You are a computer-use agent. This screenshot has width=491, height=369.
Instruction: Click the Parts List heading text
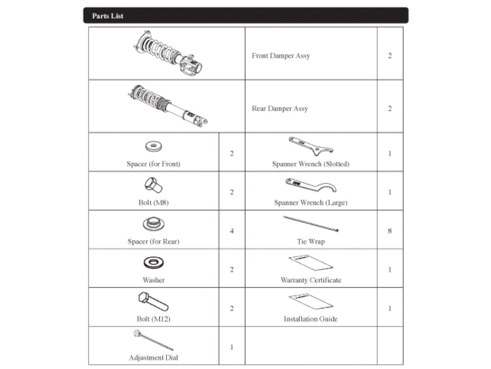[108, 16]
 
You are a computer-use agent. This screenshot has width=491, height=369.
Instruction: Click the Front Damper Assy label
[281, 56]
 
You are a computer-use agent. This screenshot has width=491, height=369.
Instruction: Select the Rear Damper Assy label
[280, 109]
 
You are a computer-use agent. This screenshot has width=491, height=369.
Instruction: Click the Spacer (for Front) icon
[153, 146]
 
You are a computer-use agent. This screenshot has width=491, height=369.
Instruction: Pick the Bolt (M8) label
[153, 203]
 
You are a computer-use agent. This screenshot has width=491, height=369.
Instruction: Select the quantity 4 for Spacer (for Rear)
[232, 231]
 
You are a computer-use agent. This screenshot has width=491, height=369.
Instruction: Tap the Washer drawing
[153, 263]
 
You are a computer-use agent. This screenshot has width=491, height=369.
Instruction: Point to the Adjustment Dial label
[153, 357]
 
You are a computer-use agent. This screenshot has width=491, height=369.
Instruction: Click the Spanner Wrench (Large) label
[311, 203]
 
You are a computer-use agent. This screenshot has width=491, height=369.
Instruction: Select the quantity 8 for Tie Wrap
[390, 231]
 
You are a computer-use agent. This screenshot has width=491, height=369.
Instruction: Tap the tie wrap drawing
[311, 224]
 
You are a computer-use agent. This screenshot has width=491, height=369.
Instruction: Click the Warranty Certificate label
[311, 280]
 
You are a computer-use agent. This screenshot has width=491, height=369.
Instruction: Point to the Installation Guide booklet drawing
[311, 302]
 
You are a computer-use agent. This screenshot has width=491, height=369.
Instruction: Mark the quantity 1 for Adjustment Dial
[232, 347]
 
